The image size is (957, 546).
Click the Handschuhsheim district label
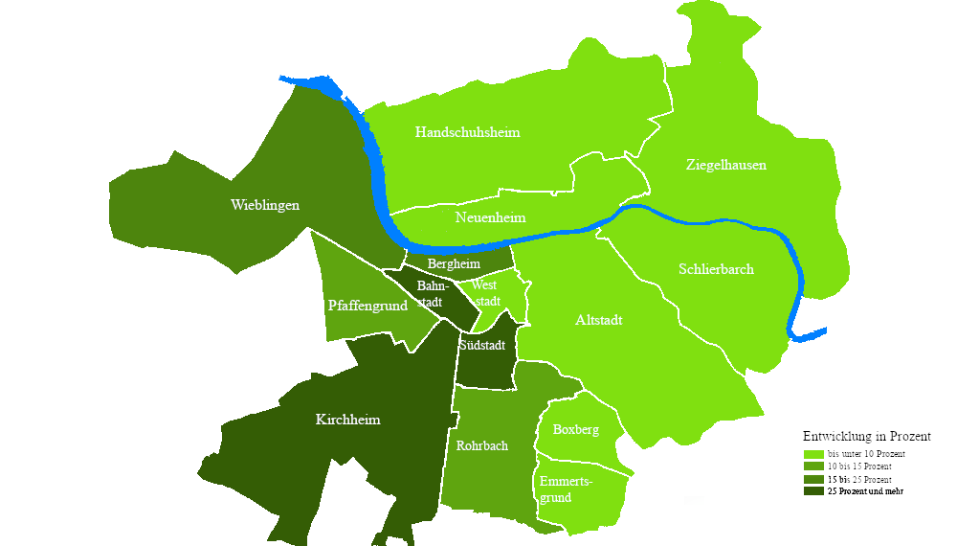(x=467, y=132)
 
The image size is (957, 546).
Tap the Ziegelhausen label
(x=725, y=165)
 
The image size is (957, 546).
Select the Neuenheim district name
(x=490, y=217)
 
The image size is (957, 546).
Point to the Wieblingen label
(x=265, y=205)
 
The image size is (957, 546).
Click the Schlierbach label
(x=716, y=269)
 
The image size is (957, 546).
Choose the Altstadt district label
(x=599, y=320)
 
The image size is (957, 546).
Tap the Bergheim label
(x=454, y=263)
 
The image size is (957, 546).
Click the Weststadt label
(x=486, y=294)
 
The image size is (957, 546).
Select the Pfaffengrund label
(x=367, y=306)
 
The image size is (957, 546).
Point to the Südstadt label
(x=481, y=345)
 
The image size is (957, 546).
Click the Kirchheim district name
(x=347, y=420)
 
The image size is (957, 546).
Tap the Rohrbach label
(x=481, y=445)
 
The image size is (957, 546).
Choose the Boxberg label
(x=575, y=429)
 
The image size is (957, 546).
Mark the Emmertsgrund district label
(x=566, y=489)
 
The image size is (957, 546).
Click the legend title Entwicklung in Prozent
(x=866, y=436)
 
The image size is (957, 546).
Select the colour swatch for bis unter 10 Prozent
(x=813, y=454)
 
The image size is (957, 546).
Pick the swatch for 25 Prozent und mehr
(x=813, y=491)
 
